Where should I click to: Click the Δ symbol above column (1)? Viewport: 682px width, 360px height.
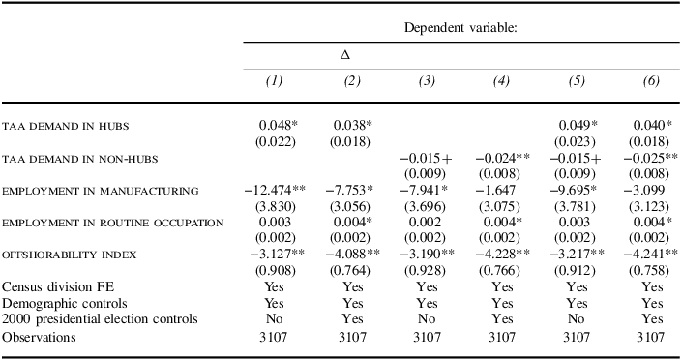click(345, 55)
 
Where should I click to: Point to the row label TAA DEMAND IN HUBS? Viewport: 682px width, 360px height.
click(66, 127)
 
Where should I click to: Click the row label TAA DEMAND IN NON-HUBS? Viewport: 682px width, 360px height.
click(79, 159)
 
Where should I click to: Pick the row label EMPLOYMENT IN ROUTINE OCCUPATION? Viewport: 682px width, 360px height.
click(113, 223)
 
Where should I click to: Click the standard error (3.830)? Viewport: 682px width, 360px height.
click(275, 205)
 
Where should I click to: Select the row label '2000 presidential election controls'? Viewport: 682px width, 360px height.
click(101, 318)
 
